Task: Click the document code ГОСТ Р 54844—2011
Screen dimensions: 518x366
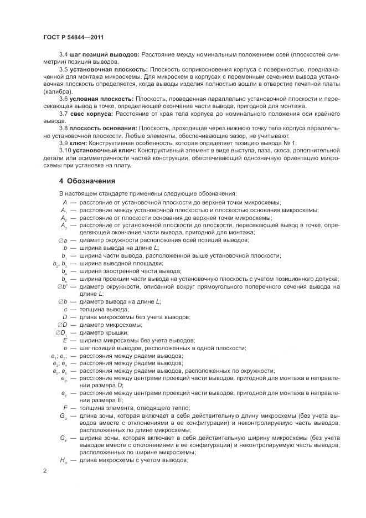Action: point(74,37)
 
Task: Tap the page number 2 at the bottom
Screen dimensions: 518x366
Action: point(45,471)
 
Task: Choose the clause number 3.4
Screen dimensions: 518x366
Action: point(63,55)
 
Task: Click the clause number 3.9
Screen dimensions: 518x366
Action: point(63,143)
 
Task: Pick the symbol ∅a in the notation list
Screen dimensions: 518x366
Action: point(62,240)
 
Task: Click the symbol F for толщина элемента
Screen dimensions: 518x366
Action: point(65,407)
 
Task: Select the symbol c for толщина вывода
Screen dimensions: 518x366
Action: point(65,309)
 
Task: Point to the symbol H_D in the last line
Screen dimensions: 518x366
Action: point(64,460)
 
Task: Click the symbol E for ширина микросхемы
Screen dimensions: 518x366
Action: point(65,340)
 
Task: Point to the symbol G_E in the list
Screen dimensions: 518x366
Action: point(64,438)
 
